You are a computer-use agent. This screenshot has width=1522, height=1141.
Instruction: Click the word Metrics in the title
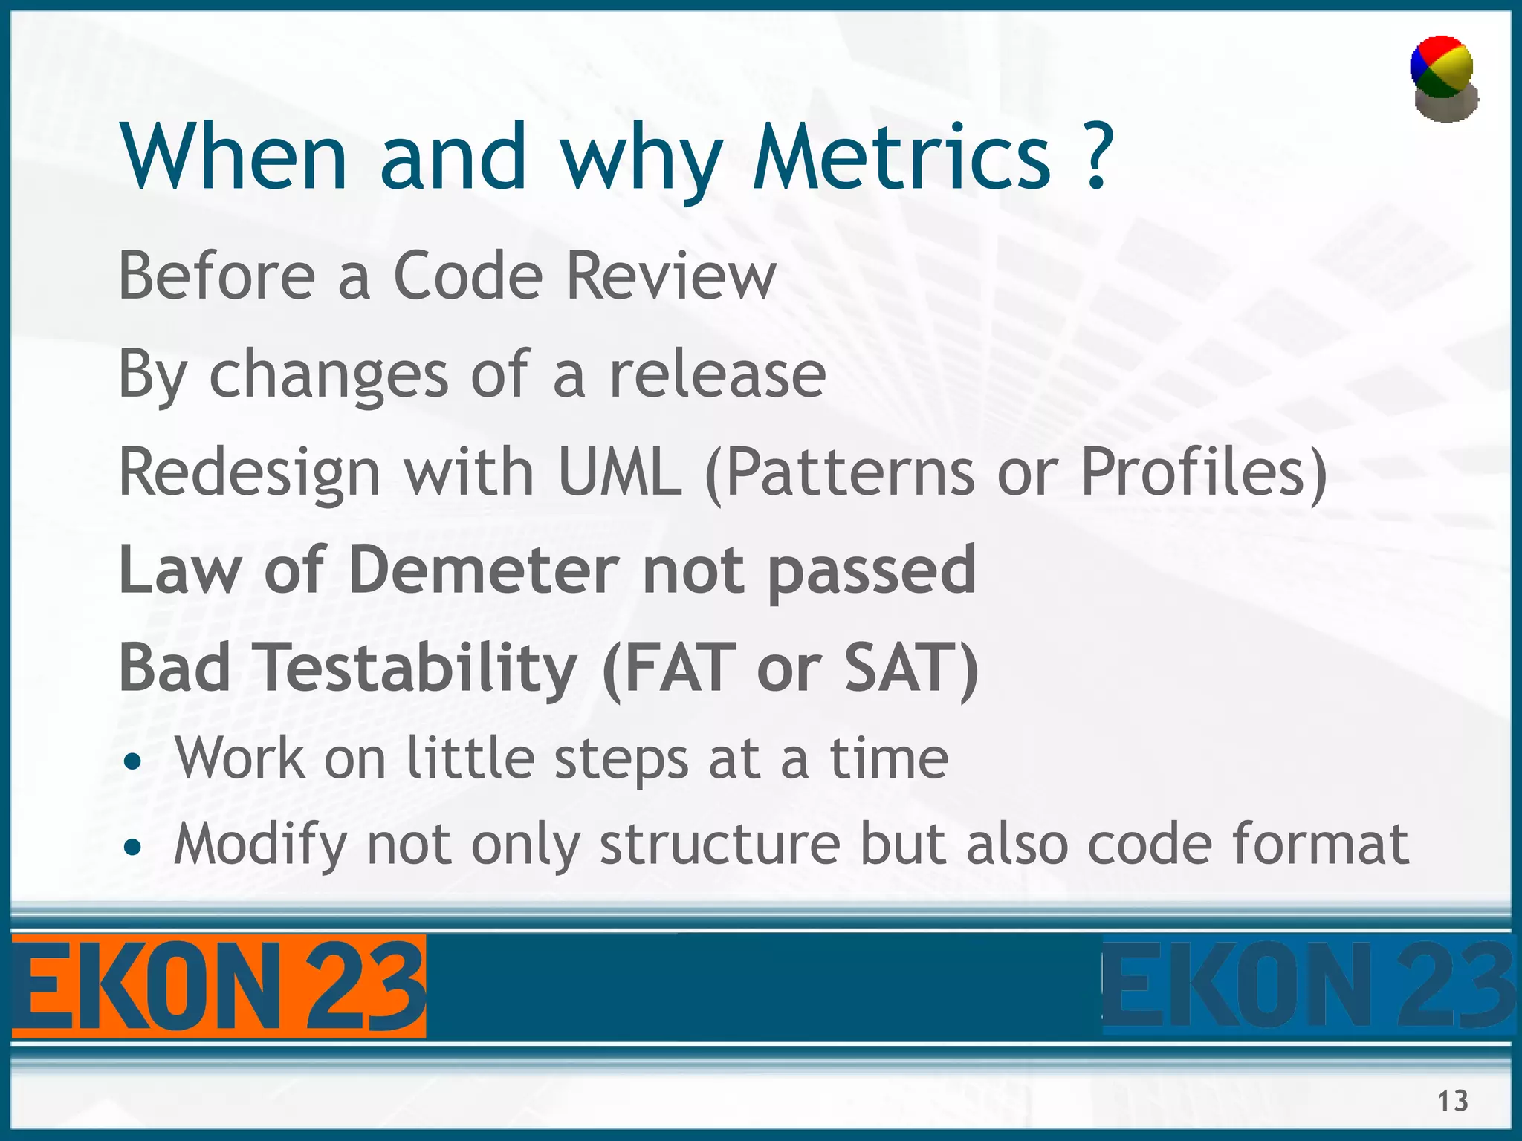click(x=901, y=157)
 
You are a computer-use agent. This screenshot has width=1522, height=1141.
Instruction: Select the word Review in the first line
click(x=670, y=276)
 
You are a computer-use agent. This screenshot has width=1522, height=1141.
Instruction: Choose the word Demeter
click(x=483, y=570)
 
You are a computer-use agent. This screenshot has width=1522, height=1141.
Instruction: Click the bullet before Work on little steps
click(x=133, y=762)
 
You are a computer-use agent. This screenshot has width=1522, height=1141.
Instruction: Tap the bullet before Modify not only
click(x=133, y=848)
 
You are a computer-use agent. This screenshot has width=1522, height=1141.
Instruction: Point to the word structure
click(x=720, y=845)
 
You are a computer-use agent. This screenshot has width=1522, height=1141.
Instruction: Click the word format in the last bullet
click(x=1320, y=845)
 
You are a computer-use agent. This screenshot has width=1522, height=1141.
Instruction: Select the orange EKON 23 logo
click(x=218, y=986)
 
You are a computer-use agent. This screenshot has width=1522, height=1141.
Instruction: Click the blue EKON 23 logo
click(x=1308, y=986)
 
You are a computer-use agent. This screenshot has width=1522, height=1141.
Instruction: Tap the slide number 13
click(x=1452, y=1100)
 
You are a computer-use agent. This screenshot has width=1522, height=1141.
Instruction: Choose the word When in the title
click(x=235, y=157)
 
